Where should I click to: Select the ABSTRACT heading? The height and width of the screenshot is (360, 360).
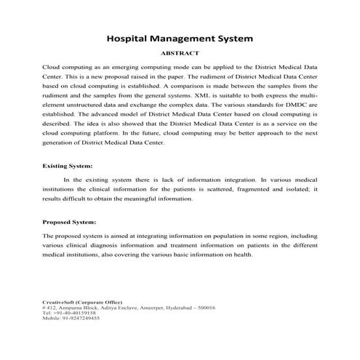(180, 53)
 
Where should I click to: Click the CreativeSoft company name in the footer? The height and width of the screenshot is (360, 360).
(62, 302)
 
